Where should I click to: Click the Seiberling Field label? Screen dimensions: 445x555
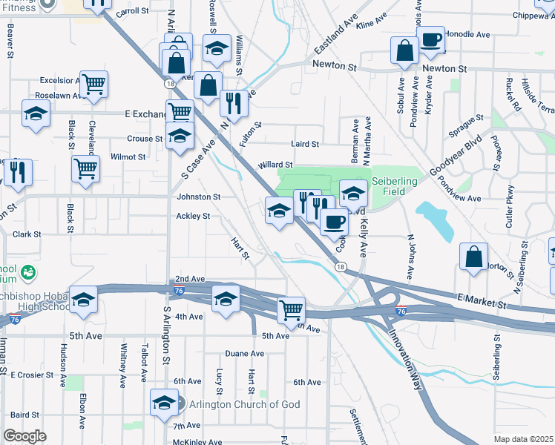pos(394,186)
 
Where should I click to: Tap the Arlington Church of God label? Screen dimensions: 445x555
pos(233,404)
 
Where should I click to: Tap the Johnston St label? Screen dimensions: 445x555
pos(198,197)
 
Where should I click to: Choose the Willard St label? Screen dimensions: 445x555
pos(275,165)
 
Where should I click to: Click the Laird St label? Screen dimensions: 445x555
pos(305,144)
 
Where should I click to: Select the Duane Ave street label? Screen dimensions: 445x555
pos(246,354)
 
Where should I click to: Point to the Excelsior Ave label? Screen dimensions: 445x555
pos(61,80)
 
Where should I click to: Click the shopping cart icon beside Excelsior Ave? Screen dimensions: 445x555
pos(94,85)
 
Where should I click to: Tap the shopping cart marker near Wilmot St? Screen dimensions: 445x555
pos(86,168)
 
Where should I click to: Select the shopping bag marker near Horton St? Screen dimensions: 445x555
pos(473,257)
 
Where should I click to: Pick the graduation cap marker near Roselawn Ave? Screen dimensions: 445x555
pos(36,115)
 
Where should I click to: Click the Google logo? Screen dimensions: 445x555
pos(25,436)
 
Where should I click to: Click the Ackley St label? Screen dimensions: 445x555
pos(193,217)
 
